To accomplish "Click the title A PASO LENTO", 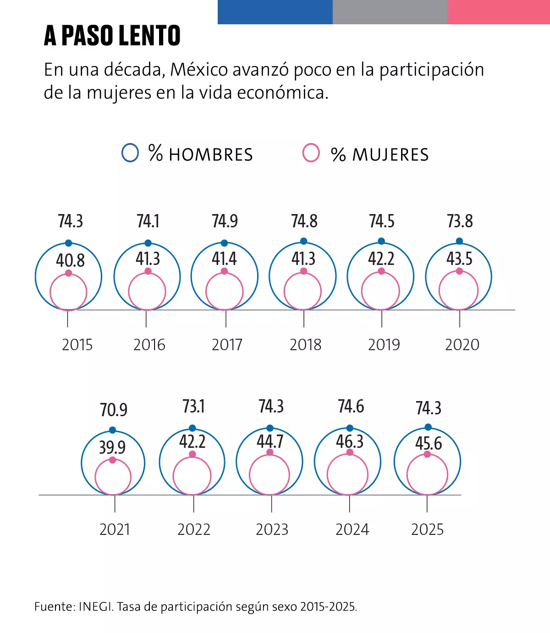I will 112,36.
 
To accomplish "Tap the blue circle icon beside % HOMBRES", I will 130,153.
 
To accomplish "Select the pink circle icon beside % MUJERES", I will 311,153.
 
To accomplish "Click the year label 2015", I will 77,345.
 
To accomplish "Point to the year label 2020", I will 462,345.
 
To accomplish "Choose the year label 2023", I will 272,529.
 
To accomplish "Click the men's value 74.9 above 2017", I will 225,221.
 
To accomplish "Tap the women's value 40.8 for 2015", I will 70,260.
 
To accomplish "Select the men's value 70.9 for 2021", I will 114,410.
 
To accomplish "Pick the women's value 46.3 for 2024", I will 350,442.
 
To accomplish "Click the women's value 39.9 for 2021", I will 112,447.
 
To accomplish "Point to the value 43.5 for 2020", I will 459,259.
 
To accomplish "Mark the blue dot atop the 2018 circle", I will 303,242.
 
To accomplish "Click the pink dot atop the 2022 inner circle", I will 192,454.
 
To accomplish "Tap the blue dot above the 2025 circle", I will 428,427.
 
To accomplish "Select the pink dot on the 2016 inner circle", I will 148,271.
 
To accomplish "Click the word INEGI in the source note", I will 95,607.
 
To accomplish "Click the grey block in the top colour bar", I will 390,12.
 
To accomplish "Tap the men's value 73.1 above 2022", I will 193,407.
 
